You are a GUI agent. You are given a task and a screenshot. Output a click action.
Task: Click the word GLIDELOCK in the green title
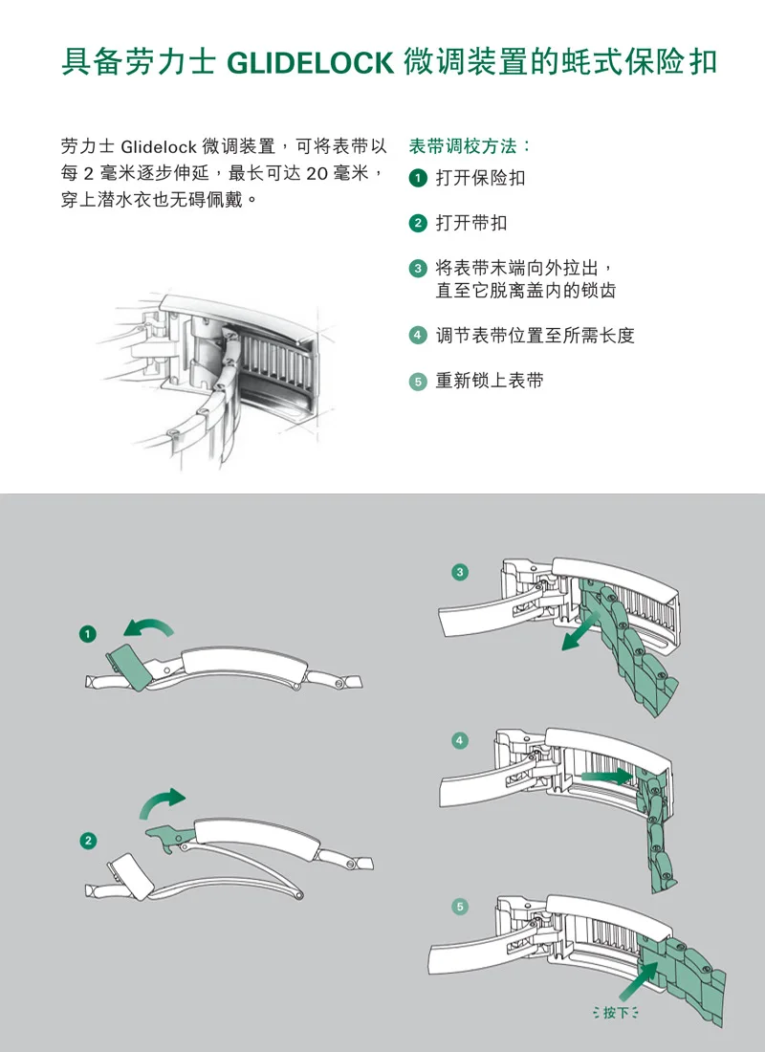point(310,63)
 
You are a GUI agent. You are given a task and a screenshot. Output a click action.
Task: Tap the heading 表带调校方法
point(463,146)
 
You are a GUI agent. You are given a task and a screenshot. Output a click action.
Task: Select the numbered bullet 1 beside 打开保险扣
point(417,178)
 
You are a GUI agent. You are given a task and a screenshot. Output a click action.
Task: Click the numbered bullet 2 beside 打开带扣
point(417,223)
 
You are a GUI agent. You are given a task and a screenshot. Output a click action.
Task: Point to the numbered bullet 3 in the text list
point(417,269)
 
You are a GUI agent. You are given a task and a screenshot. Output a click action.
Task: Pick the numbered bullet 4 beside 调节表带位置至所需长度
point(417,335)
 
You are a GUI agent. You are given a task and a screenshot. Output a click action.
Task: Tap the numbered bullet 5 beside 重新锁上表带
point(417,381)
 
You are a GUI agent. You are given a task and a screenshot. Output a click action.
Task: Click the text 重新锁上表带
point(490,381)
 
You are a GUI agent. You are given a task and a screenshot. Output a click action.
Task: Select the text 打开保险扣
point(480,178)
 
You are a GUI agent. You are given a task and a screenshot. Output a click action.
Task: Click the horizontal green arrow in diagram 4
point(606,777)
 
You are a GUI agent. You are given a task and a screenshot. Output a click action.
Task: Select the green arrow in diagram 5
point(639,980)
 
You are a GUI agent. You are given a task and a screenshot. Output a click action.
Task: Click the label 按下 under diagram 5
point(616,1012)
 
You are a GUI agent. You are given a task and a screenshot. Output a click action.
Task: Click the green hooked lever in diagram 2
point(170,838)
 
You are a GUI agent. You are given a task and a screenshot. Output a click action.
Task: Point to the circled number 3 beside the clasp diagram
point(460,572)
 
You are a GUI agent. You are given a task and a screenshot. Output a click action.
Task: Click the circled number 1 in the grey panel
point(88,633)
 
